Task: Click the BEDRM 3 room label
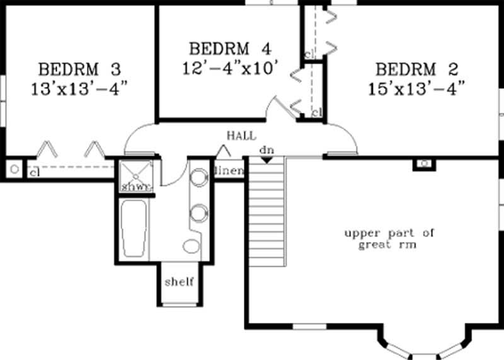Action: tap(79, 68)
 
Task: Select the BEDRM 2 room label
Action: tap(417, 68)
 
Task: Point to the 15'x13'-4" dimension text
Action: tap(417, 88)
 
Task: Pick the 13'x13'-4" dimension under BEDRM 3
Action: tap(79, 88)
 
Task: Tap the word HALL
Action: tap(241, 136)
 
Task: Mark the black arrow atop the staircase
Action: tap(266, 160)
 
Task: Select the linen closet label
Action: tap(229, 171)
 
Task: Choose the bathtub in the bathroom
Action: tap(134, 228)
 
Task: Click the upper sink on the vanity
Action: tap(199, 177)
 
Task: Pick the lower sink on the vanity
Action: tap(199, 212)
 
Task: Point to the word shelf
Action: tap(179, 281)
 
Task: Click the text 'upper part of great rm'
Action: tap(389, 239)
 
